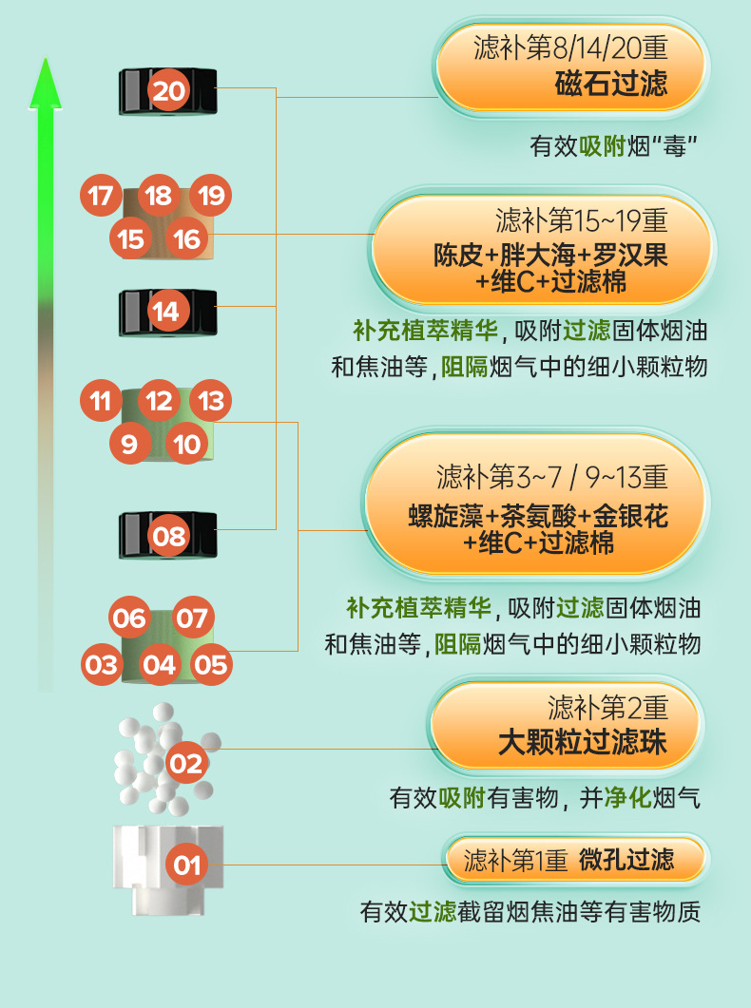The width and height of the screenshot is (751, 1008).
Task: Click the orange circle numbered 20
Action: pyautogui.click(x=169, y=91)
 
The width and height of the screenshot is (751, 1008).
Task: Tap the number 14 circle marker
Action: pyautogui.click(x=165, y=311)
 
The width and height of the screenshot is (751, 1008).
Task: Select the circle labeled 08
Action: pyautogui.click(x=169, y=537)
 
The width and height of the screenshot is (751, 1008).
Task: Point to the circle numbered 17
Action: pyautogui.click(x=100, y=196)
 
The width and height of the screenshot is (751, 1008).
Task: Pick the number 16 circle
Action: pyautogui.click(x=187, y=238)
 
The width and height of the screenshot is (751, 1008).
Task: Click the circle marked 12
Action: pyautogui.click(x=159, y=401)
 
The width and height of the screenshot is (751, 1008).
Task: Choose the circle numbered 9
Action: pyautogui.click(x=130, y=444)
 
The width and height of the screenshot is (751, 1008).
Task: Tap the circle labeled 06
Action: pyautogui.click(x=130, y=619)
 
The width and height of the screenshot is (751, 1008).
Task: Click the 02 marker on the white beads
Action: pyautogui.click(x=187, y=763)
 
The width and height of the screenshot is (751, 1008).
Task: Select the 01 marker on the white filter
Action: pyautogui.click(x=187, y=865)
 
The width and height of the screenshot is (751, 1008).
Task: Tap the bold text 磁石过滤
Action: pyautogui.click(x=611, y=83)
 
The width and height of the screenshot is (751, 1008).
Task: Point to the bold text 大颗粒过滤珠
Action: pyautogui.click(x=583, y=742)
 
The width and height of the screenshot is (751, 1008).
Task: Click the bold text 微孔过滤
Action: pyautogui.click(x=626, y=861)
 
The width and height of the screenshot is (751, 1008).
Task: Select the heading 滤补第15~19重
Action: pyautogui.click(x=582, y=221)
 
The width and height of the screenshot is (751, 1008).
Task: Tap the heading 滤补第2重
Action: pyautogui.click(x=608, y=708)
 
